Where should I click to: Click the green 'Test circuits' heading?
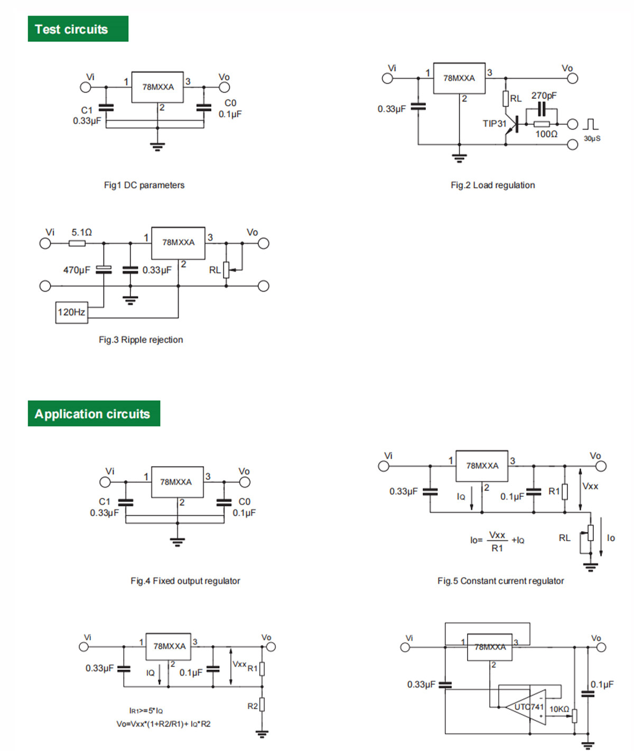click(x=78, y=29)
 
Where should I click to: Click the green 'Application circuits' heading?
click(x=94, y=413)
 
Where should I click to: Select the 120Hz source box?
click(x=71, y=312)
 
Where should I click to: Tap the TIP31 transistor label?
click(x=494, y=123)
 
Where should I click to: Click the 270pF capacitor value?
click(x=544, y=95)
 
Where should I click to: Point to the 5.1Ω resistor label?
click(x=82, y=233)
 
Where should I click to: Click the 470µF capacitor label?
click(x=77, y=270)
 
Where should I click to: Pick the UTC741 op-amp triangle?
click(x=526, y=707)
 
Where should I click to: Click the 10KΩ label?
click(x=559, y=709)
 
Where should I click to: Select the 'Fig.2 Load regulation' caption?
click(x=493, y=185)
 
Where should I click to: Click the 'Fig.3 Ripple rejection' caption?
click(x=141, y=339)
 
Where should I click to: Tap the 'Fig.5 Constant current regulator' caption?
click(x=500, y=580)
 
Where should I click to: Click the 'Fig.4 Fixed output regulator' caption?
click(x=185, y=580)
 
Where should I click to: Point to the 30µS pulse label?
click(x=592, y=138)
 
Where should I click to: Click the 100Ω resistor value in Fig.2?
click(x=546, y=134)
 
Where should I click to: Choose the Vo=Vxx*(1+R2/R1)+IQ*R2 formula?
click(x=163, y=724)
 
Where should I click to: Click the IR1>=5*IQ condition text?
click(x=146, y=710)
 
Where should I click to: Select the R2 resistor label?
click(x=253, y=706)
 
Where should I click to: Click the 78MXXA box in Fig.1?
click(x=157, y=87)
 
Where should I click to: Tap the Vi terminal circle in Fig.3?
click(x=45, y=243)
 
